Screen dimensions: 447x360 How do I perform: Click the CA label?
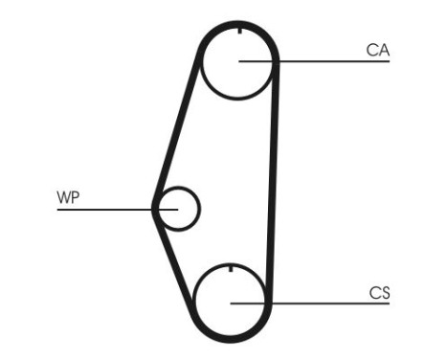point(378,50)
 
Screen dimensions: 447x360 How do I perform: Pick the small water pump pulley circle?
point(178,208)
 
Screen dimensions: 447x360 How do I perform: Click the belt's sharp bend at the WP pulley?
point(154,207)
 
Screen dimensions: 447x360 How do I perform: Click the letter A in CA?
point(384,50)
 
